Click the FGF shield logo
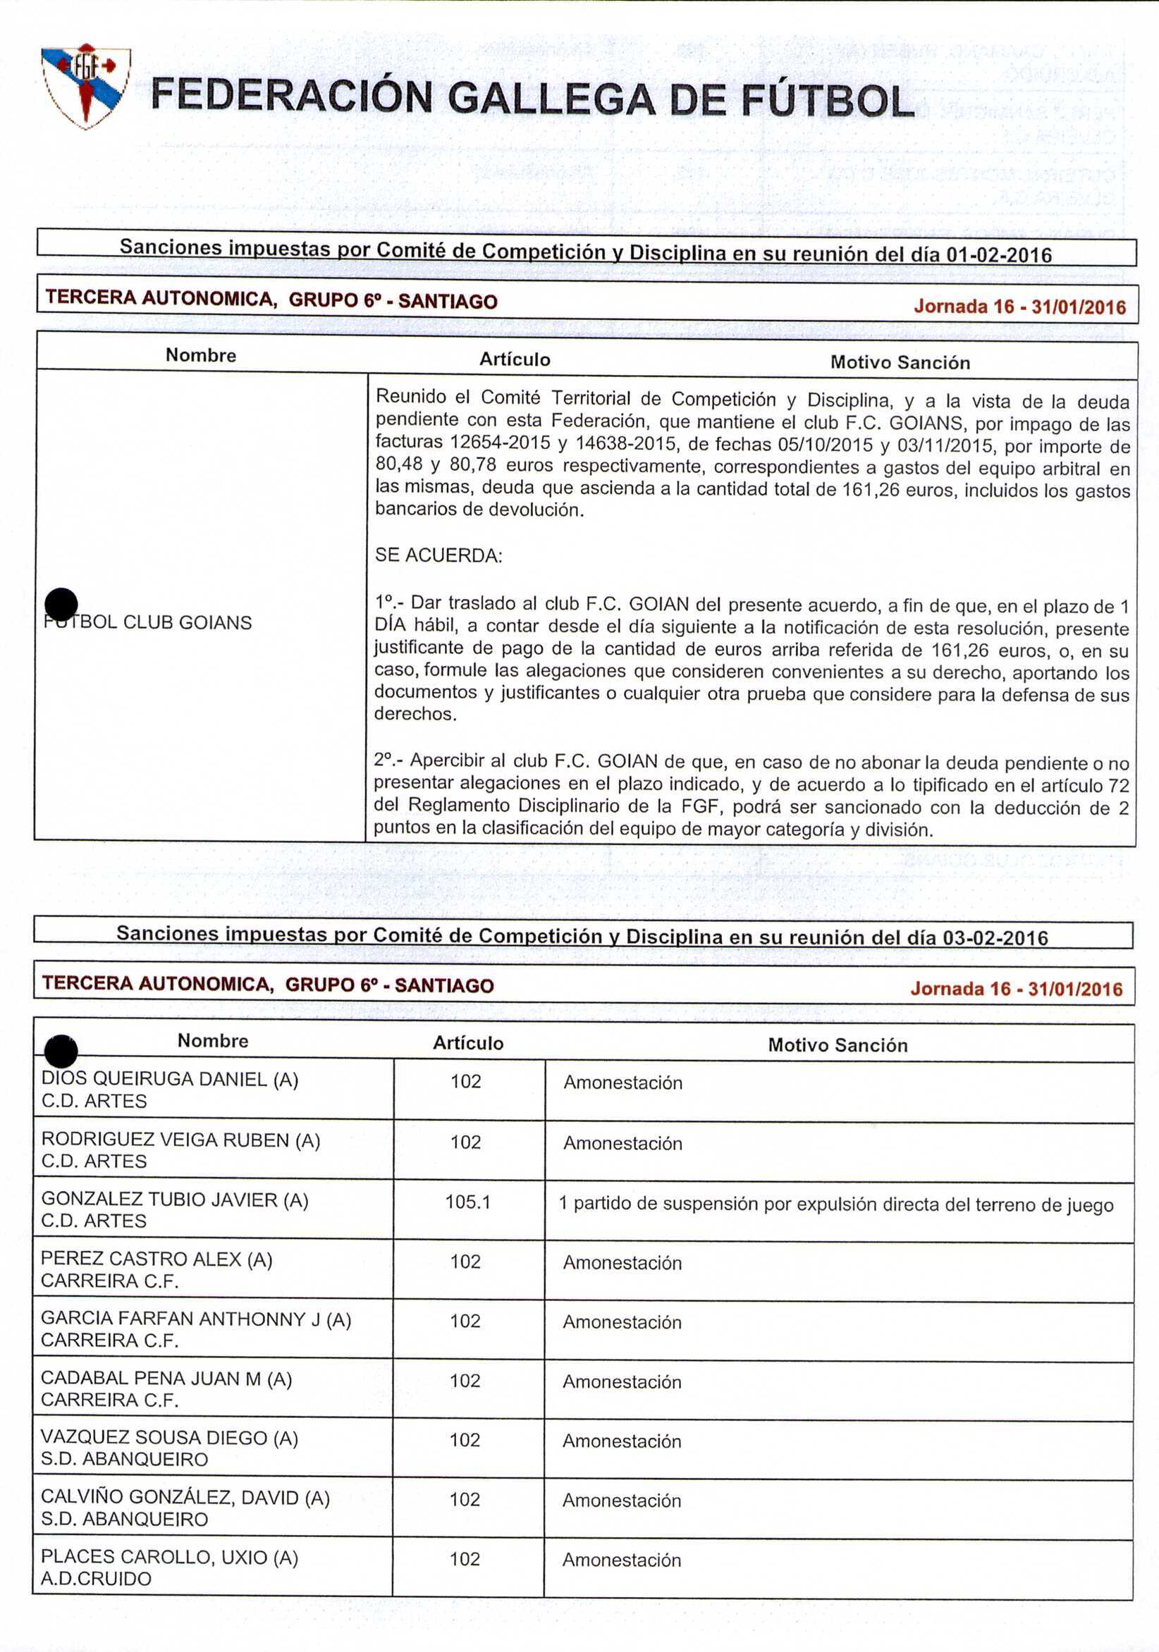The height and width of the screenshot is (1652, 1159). point(86,85)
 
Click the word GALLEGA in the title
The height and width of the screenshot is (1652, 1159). point(551,99)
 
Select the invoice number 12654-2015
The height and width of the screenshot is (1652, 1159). point(501,442)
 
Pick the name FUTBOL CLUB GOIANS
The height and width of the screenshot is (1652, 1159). point(147,622)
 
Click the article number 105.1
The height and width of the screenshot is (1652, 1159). point(468,1202)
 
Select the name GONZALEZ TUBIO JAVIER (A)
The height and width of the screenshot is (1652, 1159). point(175,1200)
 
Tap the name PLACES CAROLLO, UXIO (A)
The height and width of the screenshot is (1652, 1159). point(169,1557)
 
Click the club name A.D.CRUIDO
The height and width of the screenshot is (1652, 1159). point(96,1579)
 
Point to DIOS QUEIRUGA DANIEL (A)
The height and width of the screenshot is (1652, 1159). point(170,1079)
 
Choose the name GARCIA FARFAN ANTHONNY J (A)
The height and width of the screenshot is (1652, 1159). point(196,1319)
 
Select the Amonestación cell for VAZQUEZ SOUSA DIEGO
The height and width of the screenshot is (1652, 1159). point(622,1441)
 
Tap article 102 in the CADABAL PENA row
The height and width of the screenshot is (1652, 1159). point(465,1380)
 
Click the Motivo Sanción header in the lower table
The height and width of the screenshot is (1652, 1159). point(838,1044)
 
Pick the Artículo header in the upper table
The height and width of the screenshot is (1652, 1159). point(515,359)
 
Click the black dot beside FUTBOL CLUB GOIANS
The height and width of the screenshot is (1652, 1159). point(61,604)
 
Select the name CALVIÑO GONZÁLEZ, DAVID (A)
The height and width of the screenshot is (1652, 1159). point(185,1498)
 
